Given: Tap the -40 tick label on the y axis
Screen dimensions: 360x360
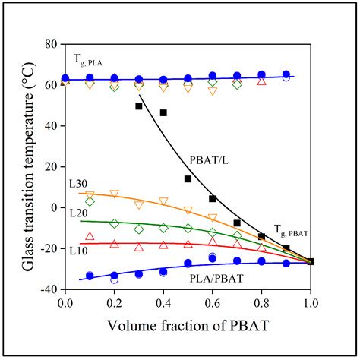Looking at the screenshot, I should coord(48,289).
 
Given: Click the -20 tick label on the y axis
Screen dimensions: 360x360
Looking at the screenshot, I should coord(48,248).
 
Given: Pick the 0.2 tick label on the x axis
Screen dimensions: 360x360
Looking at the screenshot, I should coord(114,304).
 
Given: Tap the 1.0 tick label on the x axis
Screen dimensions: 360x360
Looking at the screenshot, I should coord(311,304).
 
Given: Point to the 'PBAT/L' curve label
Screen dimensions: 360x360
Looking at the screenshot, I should coord(206,160).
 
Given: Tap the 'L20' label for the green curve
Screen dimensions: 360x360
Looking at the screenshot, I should coord(77,213).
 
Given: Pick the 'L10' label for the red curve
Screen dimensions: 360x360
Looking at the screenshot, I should coord(77,250).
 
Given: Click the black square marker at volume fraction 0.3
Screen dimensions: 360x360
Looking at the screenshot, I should coord(139,106).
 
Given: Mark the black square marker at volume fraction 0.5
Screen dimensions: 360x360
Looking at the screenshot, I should coord(188,179).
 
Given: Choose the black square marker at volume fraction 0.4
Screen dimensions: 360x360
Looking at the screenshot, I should coord(163,113).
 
